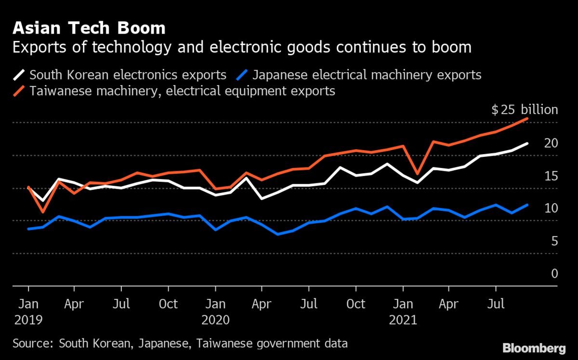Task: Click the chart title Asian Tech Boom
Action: tap(89, 28)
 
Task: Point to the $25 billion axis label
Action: tap(525, 110)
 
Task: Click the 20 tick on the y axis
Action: tap(551, 143)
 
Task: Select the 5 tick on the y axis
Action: tap(554, 241)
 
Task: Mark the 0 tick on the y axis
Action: tap(554, 273)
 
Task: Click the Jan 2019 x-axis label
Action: tap(28, 312)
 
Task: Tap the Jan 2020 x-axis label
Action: tap(216, 312)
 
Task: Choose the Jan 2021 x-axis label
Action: tap(404, 312)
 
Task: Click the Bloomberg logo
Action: tap(534, 347)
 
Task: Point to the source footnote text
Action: tap(180, 344)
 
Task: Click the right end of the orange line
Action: tap(528, 118)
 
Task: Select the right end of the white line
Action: tap(528, 143)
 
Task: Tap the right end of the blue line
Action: tap(528, 205)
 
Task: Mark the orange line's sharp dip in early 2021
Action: tap(417, 173)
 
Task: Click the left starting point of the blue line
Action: tap(28, 229)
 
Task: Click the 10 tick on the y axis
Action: tap(551, 208)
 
